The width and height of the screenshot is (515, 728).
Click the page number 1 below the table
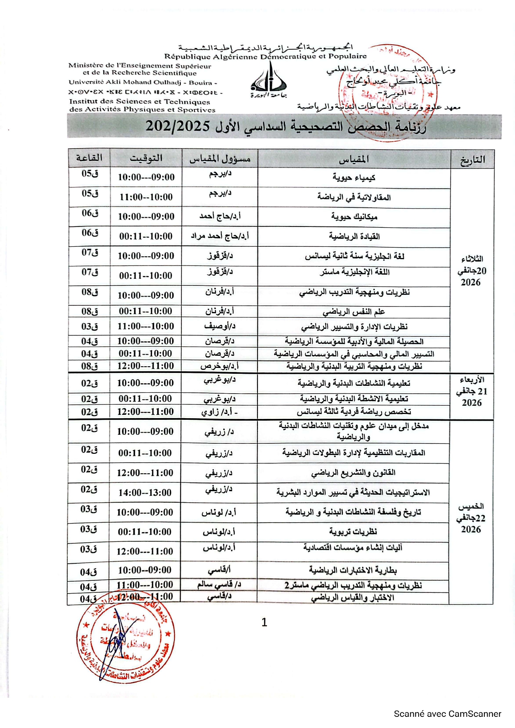pos(264,622)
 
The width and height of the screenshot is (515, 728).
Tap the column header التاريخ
pos(472,160)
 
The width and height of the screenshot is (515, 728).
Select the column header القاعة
pos(89,158)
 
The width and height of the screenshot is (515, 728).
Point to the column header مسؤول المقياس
pos(220,159)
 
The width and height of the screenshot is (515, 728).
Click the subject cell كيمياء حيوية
pos(354,178)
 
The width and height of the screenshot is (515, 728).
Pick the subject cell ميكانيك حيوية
pos(354,217)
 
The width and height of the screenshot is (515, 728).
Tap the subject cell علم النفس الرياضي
pos(354,312)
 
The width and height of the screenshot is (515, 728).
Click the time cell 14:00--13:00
pos(145,493)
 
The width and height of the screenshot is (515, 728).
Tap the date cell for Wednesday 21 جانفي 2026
pos(472,391)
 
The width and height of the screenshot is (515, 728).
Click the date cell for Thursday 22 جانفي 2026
pos(471,518)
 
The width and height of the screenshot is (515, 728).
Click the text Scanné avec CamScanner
pos(447,714)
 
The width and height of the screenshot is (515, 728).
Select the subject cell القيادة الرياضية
pos(354,236)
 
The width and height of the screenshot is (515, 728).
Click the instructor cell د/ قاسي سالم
pos(219,584)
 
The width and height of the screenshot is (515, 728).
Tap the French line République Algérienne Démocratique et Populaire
pos(266,56)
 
